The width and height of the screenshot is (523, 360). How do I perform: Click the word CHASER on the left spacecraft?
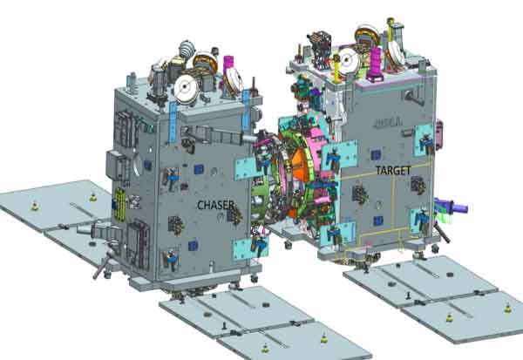click(x=215, y=205)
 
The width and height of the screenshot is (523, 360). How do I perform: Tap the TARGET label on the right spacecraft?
click(x=393, y=171)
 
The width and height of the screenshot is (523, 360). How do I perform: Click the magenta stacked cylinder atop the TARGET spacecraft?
click(x=375, y=64)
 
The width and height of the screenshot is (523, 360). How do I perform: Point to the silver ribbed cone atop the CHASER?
click(x=187, y=49)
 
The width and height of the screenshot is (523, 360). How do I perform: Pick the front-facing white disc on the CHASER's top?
click(x=185, y=88)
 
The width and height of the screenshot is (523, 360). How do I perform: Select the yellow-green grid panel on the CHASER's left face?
click(x=119, y=203)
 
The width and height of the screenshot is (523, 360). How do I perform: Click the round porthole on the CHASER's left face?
click(x=137, y=164)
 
